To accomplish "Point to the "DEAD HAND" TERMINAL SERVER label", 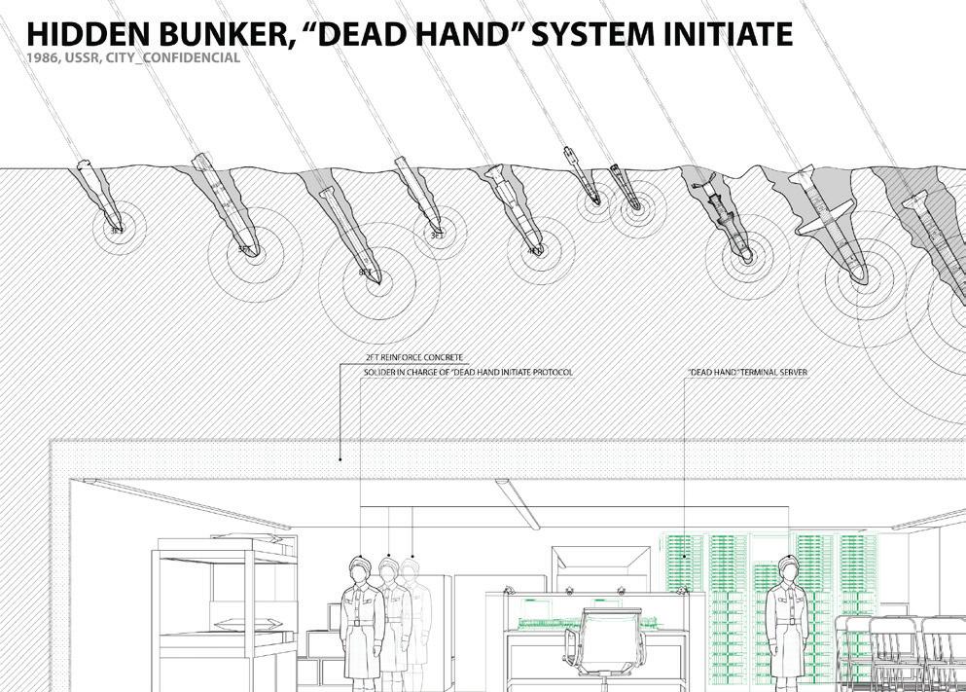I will click(x=747, y=373).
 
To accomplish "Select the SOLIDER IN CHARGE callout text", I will click(x=468, y=373).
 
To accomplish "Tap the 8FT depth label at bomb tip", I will click(x=365, y=273).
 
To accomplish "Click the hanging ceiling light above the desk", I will click(x=517, y=503).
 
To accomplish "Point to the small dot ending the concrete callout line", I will click(x=340, y=457).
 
